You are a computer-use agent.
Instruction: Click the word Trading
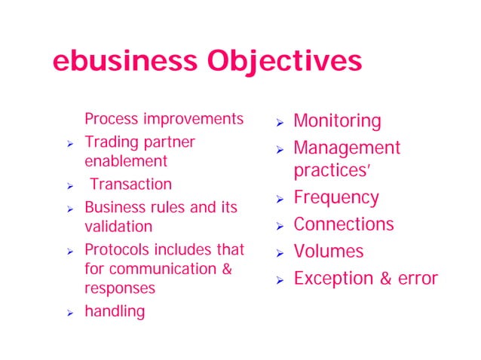(x=108, y=142)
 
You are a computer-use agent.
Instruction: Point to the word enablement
(x=126, y=161)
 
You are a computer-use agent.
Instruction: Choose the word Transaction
(x=131, y=184)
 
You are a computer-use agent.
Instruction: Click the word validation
(x=118, y=226)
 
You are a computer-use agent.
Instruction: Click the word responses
(x=120, y=288)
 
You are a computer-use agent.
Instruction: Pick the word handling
(x=115, y=310)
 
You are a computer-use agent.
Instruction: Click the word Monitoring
(x=337, y=121)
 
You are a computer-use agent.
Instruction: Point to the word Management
(x=347, y=148)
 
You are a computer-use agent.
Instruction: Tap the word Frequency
(x=336, y=197)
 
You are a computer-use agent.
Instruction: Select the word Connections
(x=344, y=224)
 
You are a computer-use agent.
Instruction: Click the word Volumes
(x=329, y=251)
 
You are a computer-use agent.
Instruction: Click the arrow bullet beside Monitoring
(x=279, y=122)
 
